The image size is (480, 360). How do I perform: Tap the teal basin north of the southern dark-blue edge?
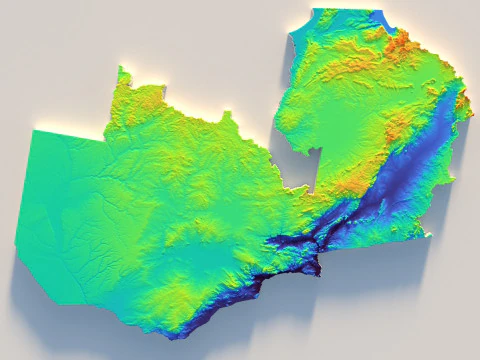tap(205, 262)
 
